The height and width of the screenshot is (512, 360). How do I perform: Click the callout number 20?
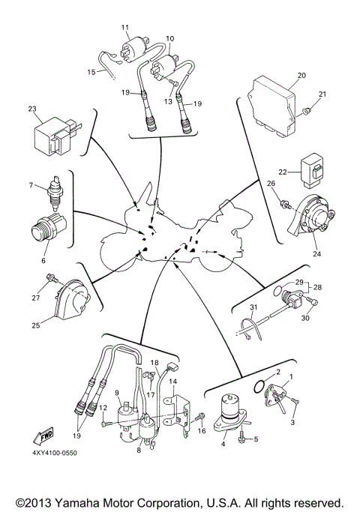click(x=302, y=76)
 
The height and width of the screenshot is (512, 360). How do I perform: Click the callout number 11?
click(x=124, y=27)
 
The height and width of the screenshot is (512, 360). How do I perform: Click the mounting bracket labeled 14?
click(x=178, y=407)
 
